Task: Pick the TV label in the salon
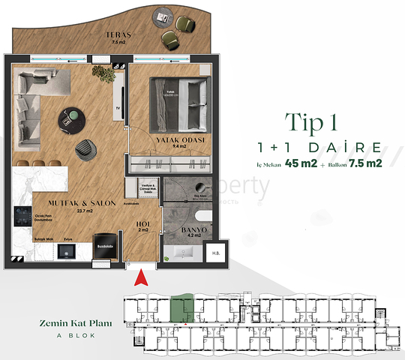[x=117, y=107]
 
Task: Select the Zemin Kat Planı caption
[x=76, y=323]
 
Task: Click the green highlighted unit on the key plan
[x=182, y=307]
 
